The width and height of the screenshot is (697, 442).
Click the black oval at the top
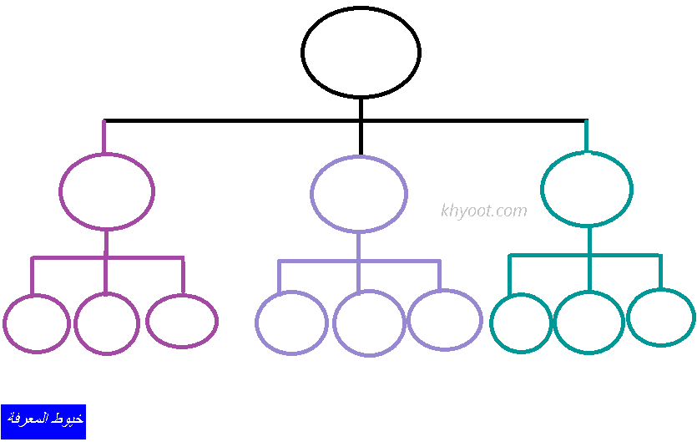[x=361, y=53]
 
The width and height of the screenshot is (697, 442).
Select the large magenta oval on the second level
[x=107, y=191]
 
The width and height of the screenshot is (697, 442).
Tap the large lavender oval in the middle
[x=359, y=194]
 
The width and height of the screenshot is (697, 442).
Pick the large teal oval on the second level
[x=587, y=188]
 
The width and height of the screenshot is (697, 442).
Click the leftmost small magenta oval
[x=37, y=323]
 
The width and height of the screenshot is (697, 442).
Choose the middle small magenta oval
[x=107, y=323]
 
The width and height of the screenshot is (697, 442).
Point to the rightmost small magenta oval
[x=182, y=321]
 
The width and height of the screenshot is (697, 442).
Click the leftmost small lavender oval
[x=291, y=323]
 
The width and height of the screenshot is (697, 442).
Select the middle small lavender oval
[x=369, y=323]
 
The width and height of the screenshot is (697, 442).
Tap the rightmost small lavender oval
[x=445, y=320]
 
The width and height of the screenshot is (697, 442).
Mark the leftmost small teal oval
[x=522, y=323]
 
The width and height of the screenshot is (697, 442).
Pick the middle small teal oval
[x=589, y=322]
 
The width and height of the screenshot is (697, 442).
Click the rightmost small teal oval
[x=661, y=318]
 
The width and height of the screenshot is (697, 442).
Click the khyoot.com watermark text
[x=484, y=211]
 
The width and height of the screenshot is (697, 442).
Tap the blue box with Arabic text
[x=43, y=421]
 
